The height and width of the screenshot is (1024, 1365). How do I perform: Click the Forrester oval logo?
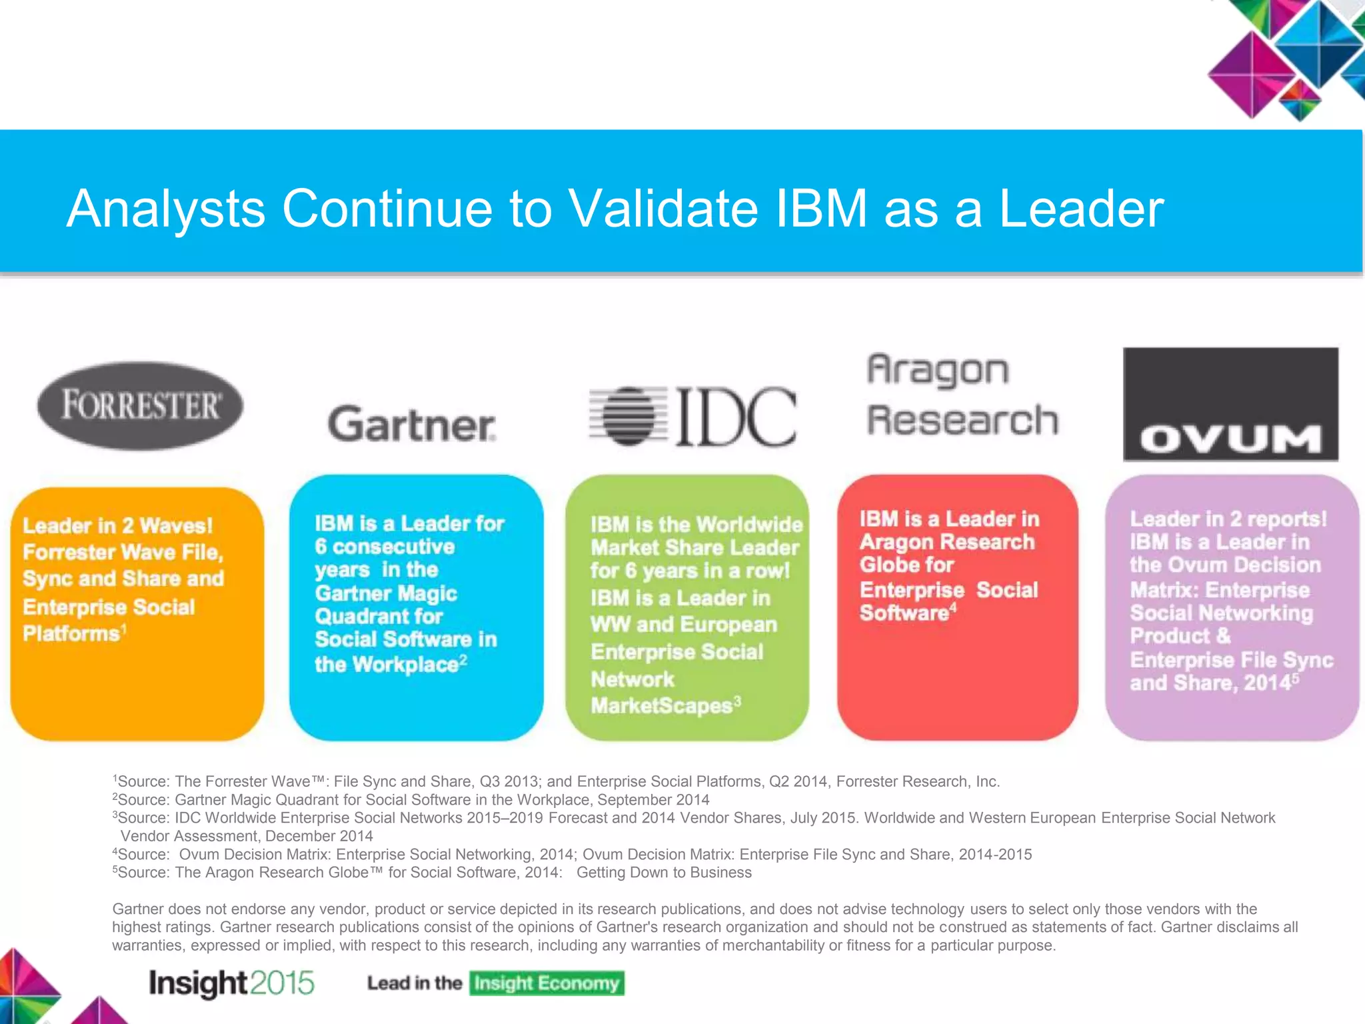click(140, 405)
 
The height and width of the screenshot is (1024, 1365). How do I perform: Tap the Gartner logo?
click(412, 425)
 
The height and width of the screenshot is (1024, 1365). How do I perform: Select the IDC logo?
click(693, 417)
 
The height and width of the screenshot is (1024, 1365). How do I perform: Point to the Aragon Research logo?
click(962, 395)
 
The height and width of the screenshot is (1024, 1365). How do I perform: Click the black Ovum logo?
click(1230, 404)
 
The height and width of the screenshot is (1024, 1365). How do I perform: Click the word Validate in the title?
click(662, 209)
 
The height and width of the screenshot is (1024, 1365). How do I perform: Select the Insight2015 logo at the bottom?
click(231, 983)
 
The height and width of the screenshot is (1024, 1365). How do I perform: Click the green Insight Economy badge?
click(547, 983)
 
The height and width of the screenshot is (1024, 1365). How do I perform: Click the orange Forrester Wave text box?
click(137, 613)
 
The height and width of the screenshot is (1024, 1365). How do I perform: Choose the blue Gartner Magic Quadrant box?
click(416, 607)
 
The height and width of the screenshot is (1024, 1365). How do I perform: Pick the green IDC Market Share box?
click(687, 607)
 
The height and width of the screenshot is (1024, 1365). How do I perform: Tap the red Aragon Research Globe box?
click(957, 607)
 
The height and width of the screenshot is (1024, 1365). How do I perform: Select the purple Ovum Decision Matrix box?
click(1232, 607)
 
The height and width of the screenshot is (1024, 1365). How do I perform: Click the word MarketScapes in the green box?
click(661, 706)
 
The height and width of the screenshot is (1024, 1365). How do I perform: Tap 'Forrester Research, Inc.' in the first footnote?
click(918, 781)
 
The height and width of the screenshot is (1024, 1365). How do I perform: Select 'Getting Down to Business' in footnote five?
click(664, 873)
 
